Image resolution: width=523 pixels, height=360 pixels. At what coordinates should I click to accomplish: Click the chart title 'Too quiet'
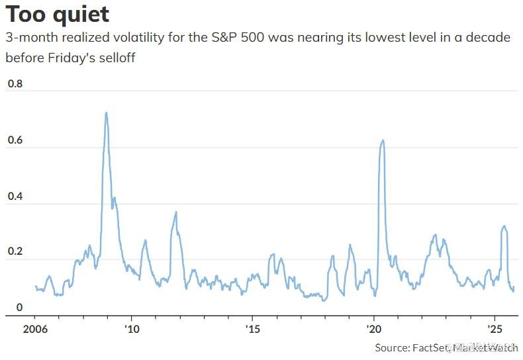[x=58, y=15]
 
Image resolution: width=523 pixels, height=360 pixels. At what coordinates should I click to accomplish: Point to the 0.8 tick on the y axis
[x=15, y=84]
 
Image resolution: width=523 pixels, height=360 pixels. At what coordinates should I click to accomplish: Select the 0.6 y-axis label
[x=15, y=141]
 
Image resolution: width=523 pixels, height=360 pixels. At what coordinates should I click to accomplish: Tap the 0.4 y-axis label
[x=15, y=197]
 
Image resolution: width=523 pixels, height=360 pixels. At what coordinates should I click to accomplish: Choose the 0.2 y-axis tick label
[x=15, y=252]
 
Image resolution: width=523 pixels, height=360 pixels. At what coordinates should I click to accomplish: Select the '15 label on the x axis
[x=252, y=329]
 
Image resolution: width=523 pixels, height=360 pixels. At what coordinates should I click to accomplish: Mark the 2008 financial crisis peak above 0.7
[x=106, y=113]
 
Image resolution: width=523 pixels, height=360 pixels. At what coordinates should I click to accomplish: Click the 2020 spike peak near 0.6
[x=383, y=140]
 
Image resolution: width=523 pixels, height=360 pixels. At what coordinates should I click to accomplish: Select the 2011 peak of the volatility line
[x=176, y=212]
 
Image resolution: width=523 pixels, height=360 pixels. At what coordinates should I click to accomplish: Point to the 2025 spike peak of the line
[x=504, y=226]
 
